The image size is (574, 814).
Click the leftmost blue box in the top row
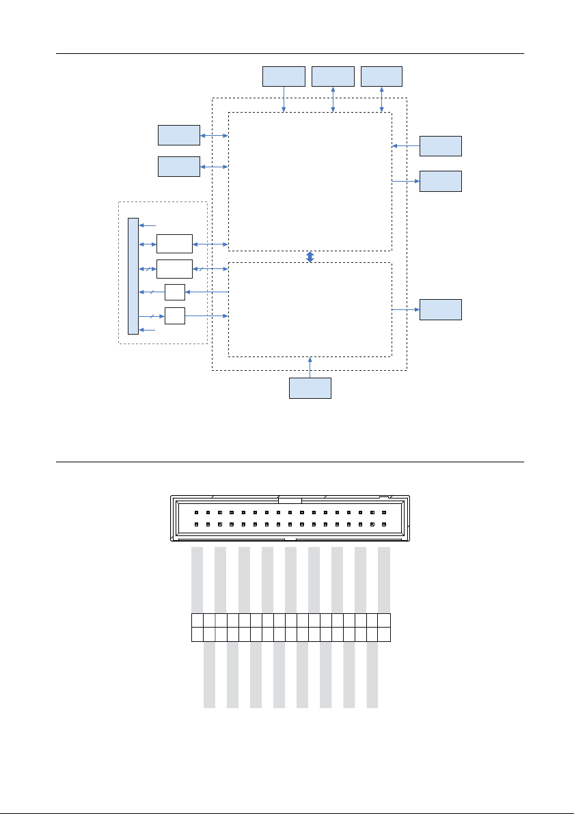click(284, 76)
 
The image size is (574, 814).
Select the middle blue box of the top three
click(333, 76)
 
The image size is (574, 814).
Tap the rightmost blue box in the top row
click(381, 76)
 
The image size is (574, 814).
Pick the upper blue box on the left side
click(179, 135)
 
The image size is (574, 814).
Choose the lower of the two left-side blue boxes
click(179, 167)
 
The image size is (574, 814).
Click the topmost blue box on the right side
click(440, 146)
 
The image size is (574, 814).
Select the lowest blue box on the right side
click(440, 309)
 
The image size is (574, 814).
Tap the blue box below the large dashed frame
click(310, 388)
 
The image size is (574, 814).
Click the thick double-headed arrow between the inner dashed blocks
click(310, 257)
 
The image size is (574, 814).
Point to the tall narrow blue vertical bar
click(133, 277)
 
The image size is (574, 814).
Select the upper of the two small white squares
click(175, 292)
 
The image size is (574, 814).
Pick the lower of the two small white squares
click(175, 316)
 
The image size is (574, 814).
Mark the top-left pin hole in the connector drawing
click(196, 512)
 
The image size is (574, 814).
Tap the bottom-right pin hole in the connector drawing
click(385, 524)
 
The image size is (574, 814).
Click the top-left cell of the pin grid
click(197, 620)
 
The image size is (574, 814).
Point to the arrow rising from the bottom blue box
click(310, 367)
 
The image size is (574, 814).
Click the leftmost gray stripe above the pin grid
click(197, 580)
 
